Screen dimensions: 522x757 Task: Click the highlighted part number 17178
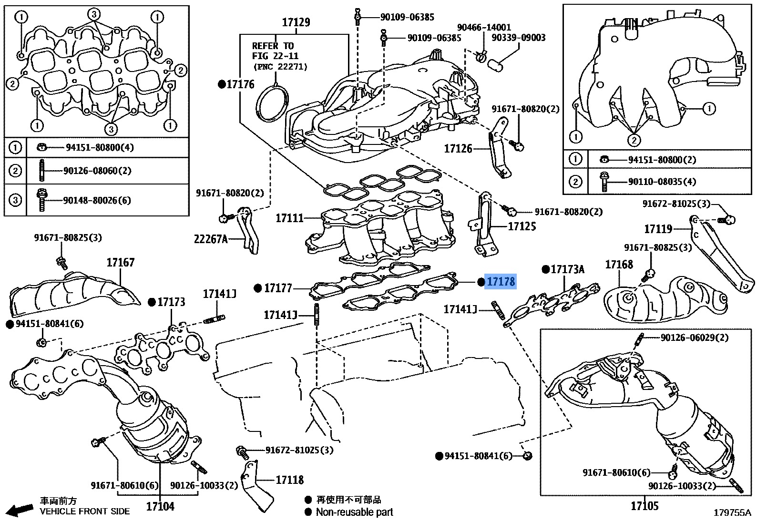click(500, 282)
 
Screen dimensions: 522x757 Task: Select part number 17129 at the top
click(296, 22)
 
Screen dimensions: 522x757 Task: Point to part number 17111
click(289, 218)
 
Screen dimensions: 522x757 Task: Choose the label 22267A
click(211, 239)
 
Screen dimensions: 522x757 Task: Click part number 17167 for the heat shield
click(120, 262)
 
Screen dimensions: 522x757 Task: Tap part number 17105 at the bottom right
click(644, 506)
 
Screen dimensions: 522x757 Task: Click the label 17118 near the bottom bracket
click(289, 480)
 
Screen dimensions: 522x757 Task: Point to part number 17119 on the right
click(658, 229)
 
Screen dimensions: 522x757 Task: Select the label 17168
click(619, 265)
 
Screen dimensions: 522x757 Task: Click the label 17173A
click(567, 270)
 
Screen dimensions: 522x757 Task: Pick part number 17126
click(458, 149)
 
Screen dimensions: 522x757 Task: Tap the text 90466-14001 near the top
click(483, 28)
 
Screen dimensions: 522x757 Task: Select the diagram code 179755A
click(732, 513)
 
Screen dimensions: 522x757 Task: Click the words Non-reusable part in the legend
click(354, 512)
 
